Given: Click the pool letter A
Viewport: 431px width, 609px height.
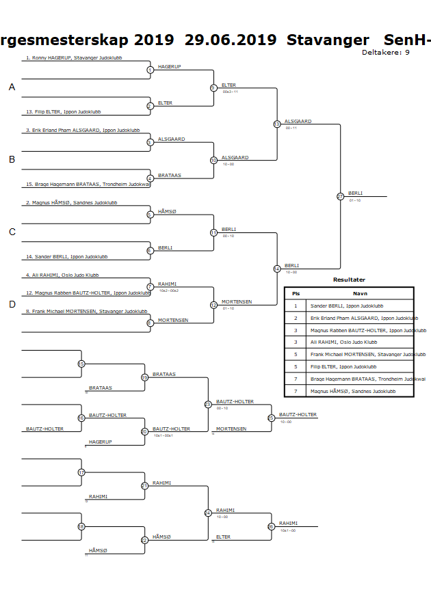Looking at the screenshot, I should [x=12, y=87].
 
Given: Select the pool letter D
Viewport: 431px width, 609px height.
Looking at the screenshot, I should [x=12, y=304].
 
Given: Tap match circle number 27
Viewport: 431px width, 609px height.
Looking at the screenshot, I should [x=341, y=197].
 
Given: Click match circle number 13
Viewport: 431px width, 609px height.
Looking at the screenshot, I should [x=276, y=124].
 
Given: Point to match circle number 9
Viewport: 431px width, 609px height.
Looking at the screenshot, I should [x=213, y=88].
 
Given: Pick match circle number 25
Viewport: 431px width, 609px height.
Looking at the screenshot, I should [x=271, y=418].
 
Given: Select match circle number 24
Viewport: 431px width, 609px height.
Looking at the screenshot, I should [x=208, y=513].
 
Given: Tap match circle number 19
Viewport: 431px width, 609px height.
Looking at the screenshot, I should [x=144, y=377].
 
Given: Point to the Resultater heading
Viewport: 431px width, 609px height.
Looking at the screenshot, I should [x=349, y=280].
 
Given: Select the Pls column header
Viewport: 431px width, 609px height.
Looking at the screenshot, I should [x=296, y=293].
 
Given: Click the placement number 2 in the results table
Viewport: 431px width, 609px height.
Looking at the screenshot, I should [x=296, y=318].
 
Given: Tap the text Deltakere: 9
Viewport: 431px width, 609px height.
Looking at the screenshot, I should [x=386, y=53].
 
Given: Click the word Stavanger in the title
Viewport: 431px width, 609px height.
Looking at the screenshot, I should [x=328, y=40].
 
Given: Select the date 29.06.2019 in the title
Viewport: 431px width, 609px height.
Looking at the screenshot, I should [x=231, y=40].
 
